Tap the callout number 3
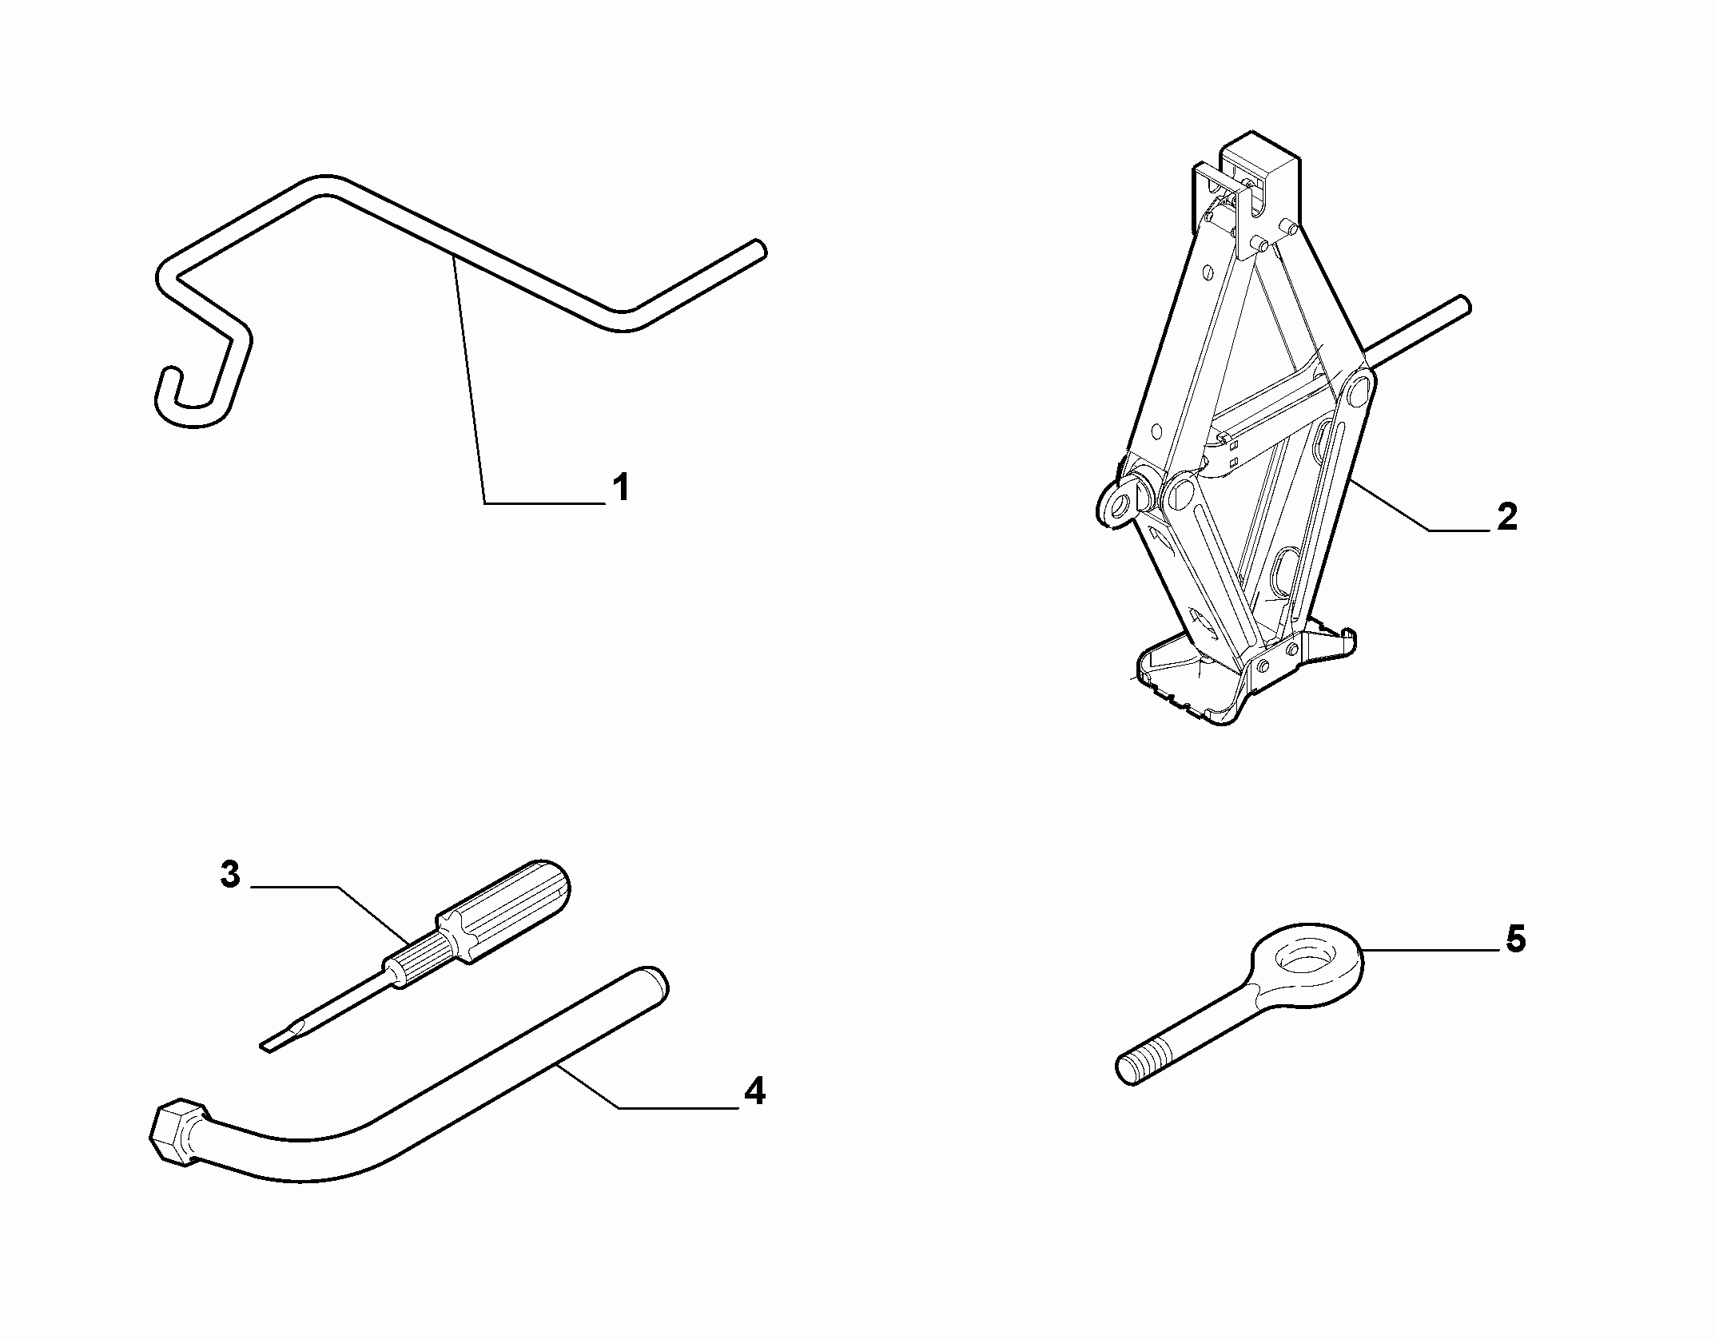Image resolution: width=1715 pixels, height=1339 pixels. [x=229, y=874]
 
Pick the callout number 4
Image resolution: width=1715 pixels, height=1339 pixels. [x=754, y=1091]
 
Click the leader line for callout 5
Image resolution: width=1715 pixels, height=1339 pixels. [x=1428, y=950]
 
